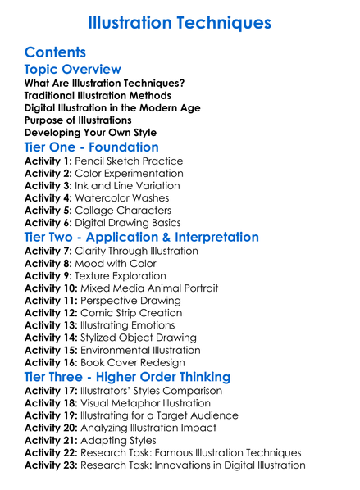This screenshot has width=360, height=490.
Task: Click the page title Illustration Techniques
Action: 180,20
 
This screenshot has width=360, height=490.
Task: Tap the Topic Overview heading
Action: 73,70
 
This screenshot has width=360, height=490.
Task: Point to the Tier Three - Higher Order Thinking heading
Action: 127,376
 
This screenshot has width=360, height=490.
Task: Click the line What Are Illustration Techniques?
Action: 104,84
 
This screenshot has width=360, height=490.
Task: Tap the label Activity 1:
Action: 48,161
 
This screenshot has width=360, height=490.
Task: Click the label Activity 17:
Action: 52,391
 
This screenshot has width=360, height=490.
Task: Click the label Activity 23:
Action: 52,465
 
